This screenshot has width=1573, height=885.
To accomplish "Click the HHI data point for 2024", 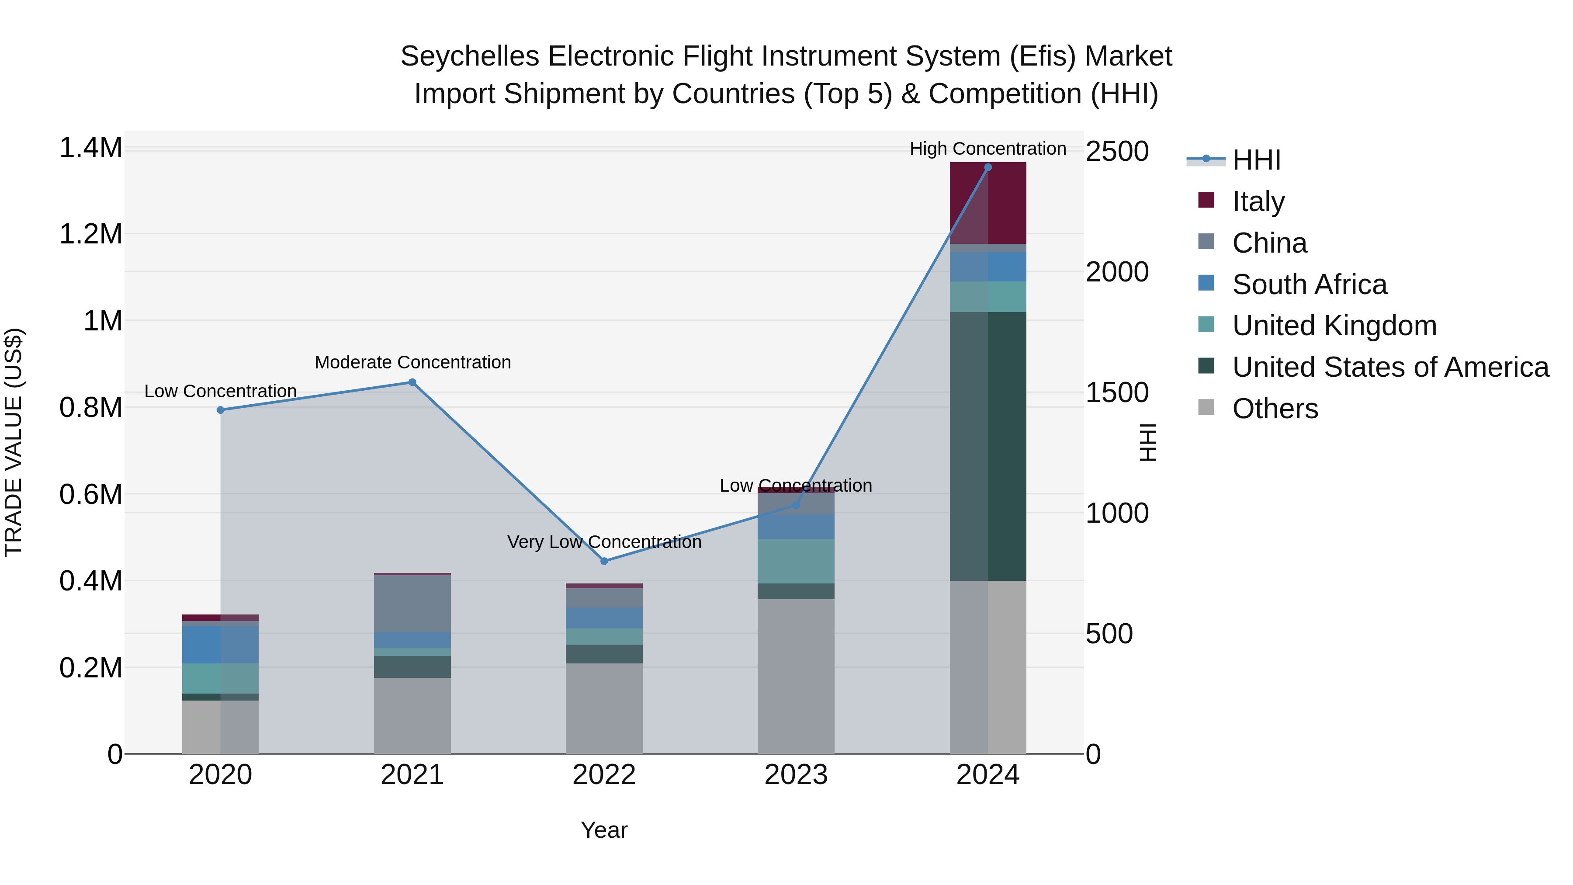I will click(987, 167).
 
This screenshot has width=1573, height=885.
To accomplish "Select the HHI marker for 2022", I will click(604, 561).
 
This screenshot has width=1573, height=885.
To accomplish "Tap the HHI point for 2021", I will click(412, 382).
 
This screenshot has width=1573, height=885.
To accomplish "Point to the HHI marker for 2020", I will click(221, 410).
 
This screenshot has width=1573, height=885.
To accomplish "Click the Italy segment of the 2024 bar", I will click(987, 203).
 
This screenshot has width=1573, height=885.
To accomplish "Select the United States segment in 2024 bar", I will click(987, 446).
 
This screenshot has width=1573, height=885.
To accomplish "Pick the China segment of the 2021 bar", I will click(412, 604).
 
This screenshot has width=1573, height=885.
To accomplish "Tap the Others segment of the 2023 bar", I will click(796, 676).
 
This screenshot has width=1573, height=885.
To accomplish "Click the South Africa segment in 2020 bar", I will click(221, 644).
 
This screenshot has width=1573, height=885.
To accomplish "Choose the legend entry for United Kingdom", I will click(1334, 326).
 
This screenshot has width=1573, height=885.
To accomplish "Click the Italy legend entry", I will click(1258, 201).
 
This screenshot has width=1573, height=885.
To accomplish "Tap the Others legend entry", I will click(1275, 409).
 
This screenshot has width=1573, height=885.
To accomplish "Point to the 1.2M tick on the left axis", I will click(91, 235).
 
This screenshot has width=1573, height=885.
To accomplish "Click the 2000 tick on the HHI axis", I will click(1117, 272).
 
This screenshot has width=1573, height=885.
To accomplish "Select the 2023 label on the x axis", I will click(796, 775).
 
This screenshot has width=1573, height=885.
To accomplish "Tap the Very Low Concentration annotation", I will click(604, 542).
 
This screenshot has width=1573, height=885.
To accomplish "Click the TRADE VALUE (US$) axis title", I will click(14, 442).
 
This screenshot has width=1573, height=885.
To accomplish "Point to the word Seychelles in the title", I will click(470, 56).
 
